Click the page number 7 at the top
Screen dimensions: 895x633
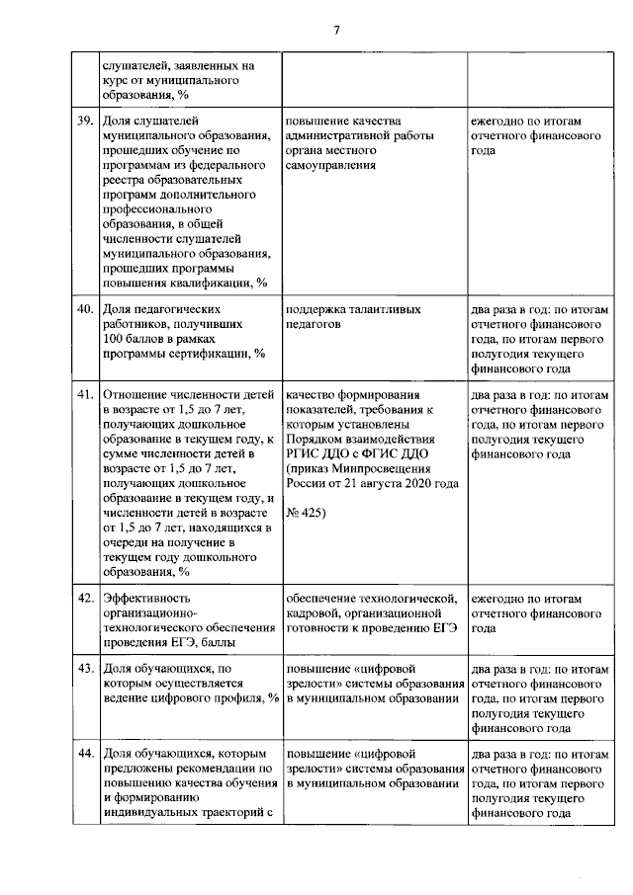(x=336, y=31)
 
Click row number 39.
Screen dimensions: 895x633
(x=84, y=122)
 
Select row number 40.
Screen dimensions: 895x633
(x=84, y=309)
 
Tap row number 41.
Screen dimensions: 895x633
(x=84, y=393)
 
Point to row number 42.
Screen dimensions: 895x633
(x=84, y=599)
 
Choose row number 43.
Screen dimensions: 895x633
(x=84, y=669)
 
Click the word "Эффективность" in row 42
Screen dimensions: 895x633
(x=147, y=599)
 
